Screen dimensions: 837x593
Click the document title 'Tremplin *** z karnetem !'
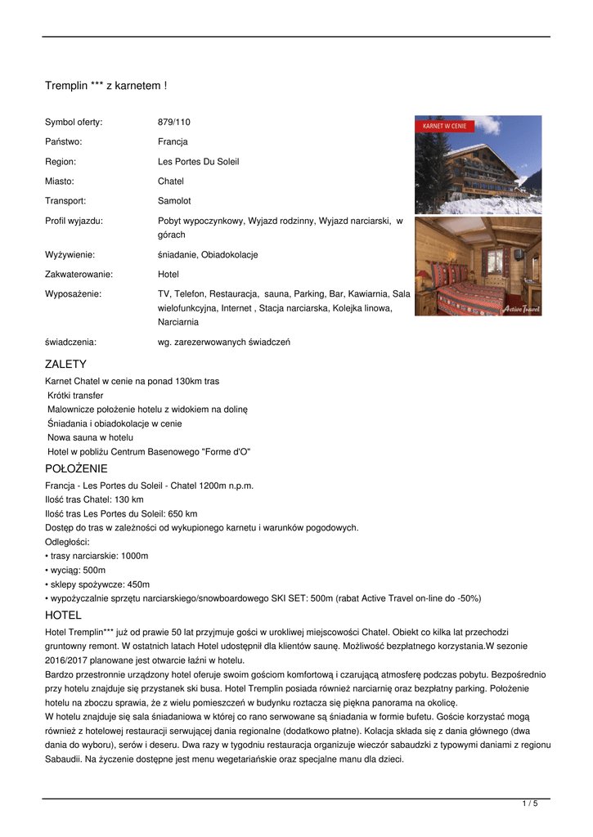click(x=106, y=85)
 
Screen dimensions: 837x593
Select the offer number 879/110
click(x=173, y=123)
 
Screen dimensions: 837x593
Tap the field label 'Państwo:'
click(x=64, y=142)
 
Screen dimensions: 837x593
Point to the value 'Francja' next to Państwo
click(x=173, y=142)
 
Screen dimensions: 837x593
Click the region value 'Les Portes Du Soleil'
click(x=198, y=162)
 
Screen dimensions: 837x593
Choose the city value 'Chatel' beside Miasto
click(x=170, y=181)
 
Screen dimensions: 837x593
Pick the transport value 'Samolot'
click(x=174, y=201)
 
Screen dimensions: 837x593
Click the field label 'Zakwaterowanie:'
click(x=79, y=275)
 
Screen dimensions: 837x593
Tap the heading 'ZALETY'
click(x=65, y=364)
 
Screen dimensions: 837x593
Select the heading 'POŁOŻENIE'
click(x=76, y=468)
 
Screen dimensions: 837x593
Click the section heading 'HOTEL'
click(x=63, y=615)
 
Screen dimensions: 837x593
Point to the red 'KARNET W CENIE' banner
click(x=445, y=127)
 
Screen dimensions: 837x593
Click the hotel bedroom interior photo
click(x=478, y=266)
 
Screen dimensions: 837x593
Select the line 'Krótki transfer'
click(x=75, y=395)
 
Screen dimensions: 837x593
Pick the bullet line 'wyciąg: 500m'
click(x=76, y=570)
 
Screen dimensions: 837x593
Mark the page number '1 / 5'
click(x=530, y=804)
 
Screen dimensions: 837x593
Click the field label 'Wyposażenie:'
click(x=73, y=293)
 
